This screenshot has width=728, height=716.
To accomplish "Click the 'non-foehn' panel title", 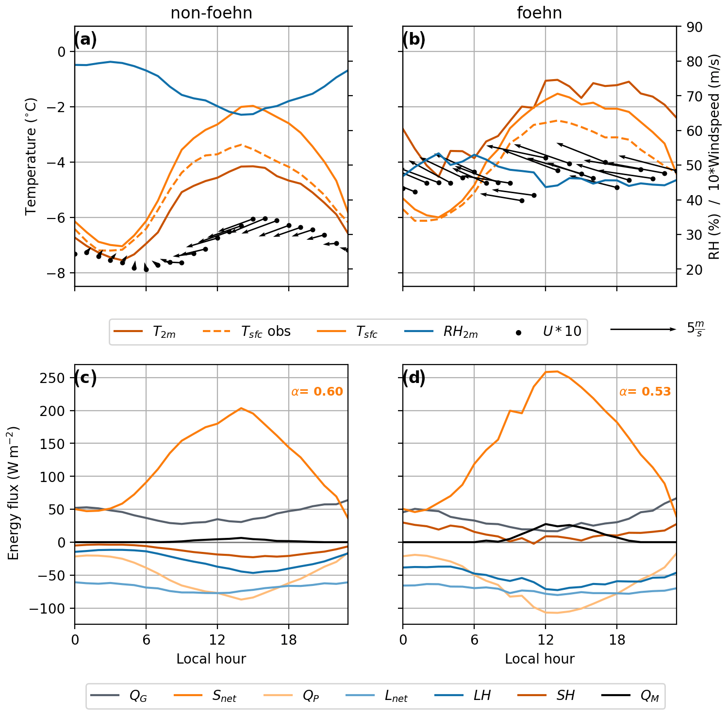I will (211, 13).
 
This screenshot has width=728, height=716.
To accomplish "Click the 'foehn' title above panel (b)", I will (539, 13).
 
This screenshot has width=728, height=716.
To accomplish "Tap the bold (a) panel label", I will (85, 39).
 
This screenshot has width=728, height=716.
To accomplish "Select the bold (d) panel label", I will (414, 378).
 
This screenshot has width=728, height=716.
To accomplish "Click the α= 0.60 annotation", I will (317, 391).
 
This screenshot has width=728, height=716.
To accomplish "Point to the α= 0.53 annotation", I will (645, 391).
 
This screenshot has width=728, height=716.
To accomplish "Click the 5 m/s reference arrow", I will (643, 329).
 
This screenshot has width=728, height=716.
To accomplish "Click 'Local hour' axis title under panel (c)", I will (211, 659).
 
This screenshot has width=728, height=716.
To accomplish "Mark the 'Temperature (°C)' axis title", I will (31, 156).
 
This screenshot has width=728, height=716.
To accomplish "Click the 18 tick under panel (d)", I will (617, 639).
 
